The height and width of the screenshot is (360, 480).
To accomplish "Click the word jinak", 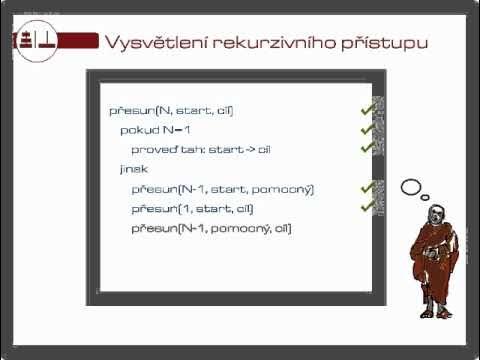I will [133, 168].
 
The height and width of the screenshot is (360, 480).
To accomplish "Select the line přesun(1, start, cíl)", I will [192, 208].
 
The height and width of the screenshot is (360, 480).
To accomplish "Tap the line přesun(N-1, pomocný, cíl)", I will [211, 228].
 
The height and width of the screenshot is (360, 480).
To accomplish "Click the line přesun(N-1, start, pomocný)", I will [222, 188].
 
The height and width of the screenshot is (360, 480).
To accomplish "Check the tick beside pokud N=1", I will [367, 128].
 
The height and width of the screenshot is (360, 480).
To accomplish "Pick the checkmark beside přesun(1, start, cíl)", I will [367, 206].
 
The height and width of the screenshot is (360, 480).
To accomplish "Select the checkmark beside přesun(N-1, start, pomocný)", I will [367, 187].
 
